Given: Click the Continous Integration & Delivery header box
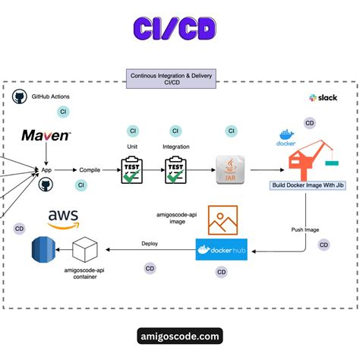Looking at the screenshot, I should (179, 79).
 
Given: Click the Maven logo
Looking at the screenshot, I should (46, 136).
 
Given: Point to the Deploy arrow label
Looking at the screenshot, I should (150, 244).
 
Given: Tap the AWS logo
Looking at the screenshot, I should (63, 220).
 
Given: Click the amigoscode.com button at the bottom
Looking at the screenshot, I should (180, 335).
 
